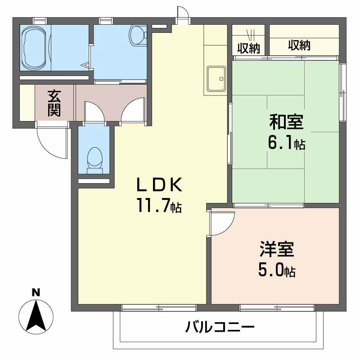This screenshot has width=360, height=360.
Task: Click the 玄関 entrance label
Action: (x=54, y=103)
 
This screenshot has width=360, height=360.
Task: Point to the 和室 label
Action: (x=286, y=121)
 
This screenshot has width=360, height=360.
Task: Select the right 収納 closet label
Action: (x=299, y=45)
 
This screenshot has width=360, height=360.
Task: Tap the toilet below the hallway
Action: (x=94, y=158)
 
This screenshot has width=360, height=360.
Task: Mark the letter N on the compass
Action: (x=36, y=292)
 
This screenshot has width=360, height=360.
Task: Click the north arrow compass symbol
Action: (x=36, y=315)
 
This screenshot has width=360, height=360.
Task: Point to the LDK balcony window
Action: (x=159, y=308)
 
